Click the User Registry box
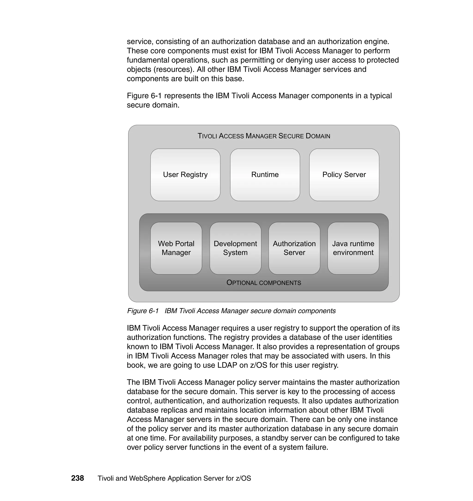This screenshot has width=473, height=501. (x=185, y=174)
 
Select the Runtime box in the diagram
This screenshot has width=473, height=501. (x=265, y=174)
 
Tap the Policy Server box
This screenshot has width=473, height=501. (x=344, y=174)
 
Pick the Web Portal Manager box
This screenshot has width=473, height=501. (x=176, y=248)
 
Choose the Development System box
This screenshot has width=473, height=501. (x=235, y=248)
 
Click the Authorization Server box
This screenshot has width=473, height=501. (x=294, y=248)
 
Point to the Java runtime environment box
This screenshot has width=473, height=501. (x=353, y=248)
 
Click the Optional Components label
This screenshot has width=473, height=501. (x=264, y=283)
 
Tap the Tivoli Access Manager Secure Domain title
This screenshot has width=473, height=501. (x=264, y=136)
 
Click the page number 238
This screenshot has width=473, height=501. (x=77, y=478)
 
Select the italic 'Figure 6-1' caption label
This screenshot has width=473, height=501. (x=143, y=311)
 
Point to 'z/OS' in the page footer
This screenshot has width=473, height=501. (x=243, y=478)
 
